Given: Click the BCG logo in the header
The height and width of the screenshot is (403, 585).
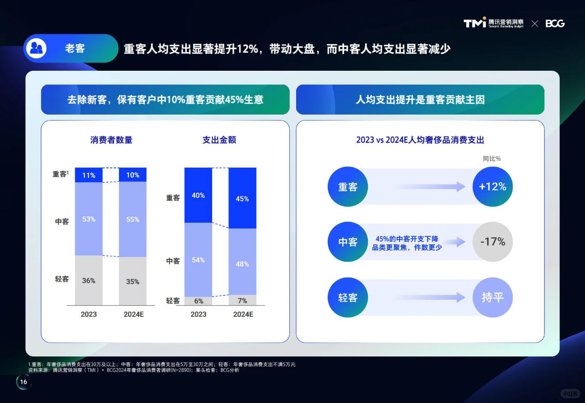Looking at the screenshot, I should pos(555,23).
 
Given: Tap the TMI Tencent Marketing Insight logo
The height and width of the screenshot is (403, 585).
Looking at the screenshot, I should pos(494,23).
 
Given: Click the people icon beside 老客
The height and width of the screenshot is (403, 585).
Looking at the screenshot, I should pos(36,48).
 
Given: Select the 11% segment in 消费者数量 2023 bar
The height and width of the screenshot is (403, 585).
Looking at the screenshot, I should pos(89,175).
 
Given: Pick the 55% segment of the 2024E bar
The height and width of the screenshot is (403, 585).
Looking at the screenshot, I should pos(133,219).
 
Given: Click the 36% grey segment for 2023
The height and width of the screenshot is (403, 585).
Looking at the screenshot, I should pos(89,280).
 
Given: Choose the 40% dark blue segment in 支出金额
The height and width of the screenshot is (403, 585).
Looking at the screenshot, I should pos(198,195).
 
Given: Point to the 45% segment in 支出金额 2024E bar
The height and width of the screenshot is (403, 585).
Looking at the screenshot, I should pos(242,199).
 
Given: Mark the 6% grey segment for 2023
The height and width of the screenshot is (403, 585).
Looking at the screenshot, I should pos(198,301).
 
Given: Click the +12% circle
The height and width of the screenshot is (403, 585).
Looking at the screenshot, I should pos(492,187).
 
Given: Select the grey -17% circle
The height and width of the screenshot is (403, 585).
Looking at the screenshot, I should pos(492,241).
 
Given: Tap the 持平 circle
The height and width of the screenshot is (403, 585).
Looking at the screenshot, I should pos(492,298).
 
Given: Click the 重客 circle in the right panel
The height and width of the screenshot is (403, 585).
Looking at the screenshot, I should pos(348,187).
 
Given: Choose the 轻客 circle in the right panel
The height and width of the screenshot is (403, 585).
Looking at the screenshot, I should pos(348,298).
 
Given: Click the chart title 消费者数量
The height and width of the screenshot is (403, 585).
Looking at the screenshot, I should pos(111,140).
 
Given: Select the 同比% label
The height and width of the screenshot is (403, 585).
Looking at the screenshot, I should pos(492,159).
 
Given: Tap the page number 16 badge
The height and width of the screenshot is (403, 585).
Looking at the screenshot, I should pos(24,382).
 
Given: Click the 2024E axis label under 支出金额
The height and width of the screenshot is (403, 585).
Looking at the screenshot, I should pos(243,314).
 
